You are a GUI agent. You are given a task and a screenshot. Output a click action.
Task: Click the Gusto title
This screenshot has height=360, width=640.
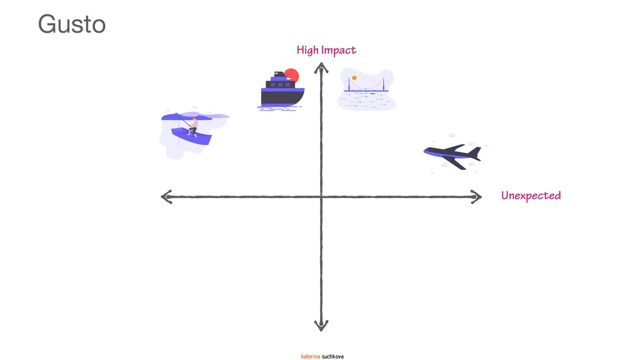71,25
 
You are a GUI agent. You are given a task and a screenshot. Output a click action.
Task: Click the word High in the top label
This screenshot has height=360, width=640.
307,50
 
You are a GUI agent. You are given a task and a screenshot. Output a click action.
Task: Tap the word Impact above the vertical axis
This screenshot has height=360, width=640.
339,50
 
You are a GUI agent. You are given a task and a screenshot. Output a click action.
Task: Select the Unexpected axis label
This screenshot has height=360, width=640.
531,196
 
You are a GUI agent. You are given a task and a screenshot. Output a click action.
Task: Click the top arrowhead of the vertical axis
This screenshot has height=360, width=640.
321,68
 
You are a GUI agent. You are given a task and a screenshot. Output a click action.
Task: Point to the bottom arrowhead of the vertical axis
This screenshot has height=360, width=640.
321,326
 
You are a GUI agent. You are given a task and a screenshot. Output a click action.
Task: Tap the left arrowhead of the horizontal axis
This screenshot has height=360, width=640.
166,197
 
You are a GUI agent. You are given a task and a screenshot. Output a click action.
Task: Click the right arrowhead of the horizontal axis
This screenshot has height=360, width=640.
477,197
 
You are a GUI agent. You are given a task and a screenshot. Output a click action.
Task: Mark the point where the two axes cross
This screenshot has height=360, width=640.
321,197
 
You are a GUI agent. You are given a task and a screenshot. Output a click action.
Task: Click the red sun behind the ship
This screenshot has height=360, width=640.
292,75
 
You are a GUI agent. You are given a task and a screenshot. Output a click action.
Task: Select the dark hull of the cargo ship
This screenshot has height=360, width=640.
282,97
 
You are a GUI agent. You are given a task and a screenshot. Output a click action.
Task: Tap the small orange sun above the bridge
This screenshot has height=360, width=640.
354,78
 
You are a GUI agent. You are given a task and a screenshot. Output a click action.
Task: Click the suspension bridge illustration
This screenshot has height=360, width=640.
366,87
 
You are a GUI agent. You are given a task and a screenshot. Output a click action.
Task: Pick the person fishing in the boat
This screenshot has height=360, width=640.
193,126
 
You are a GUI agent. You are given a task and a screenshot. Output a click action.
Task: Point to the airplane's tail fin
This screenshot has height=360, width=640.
475,152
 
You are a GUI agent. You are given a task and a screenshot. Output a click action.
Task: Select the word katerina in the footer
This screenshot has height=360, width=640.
311,356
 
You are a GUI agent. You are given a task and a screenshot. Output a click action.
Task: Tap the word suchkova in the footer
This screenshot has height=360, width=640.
332,356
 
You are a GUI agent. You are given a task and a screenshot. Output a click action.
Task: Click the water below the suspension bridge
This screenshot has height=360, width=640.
366,101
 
